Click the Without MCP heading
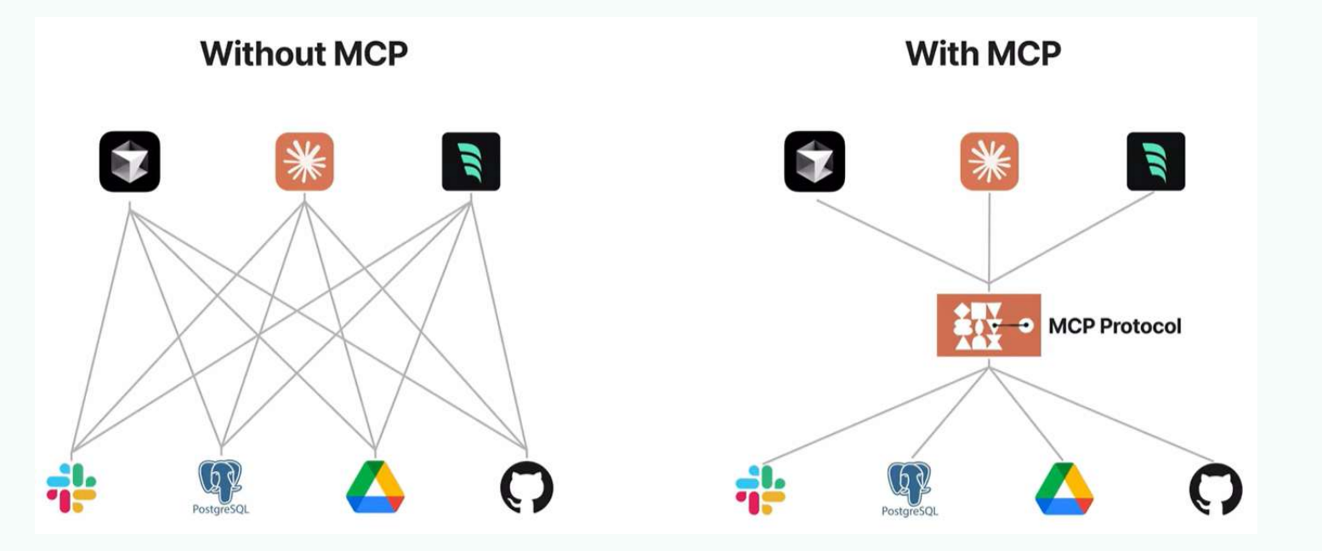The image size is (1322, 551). (x=304, y=54)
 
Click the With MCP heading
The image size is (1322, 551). (x=983, y=54)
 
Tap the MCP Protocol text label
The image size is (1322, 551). (x=1115, y=326)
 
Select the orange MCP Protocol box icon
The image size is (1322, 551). (x=988, y=326)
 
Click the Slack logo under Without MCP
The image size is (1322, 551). (x=71, y=488)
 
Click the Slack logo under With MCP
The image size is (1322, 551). (x=760, y=490)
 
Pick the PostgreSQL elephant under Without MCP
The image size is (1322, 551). (x=220, y=481)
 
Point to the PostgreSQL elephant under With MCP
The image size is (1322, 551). (x=909, y=483)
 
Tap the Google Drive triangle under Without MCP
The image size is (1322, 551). (x=375, y=487)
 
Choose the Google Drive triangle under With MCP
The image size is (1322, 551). (x=1064, y=489)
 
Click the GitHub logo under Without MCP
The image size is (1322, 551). (x=526, y=488)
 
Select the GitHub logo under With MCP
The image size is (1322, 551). (x=1215, y=490)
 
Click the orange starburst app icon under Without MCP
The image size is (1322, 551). (x=304, y=161)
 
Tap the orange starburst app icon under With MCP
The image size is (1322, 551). (x=990, y=161)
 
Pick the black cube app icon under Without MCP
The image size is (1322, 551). (x=129, y=161)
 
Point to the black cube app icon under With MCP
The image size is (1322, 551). (x=814, y=161)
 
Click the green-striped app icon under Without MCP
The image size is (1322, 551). (x=471, y=161)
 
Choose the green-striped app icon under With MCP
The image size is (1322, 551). (x=1156, y=161)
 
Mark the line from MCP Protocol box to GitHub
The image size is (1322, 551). (x=1102, y=414)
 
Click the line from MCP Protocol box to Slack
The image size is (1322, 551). (x=876, y=415)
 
